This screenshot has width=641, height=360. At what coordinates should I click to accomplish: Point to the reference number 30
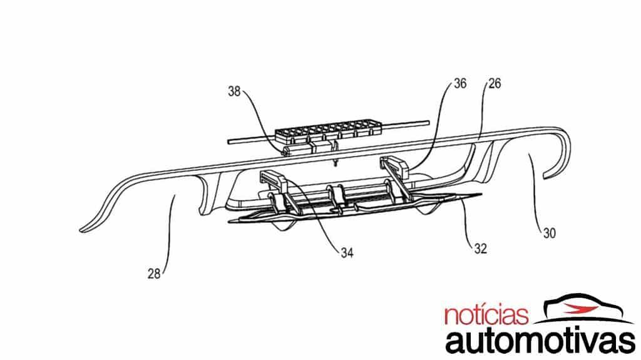[548, 233]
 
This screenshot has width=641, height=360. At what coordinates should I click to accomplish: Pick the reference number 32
[480, 247]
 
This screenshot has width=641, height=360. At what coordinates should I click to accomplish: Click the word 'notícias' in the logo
[486, 315]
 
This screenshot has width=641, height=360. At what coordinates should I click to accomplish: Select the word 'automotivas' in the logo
[537, 342]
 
